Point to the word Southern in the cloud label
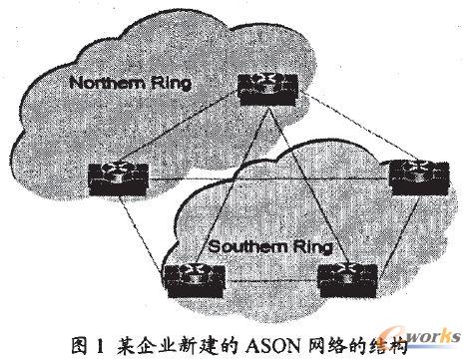[234, 245]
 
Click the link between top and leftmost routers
[190, 135]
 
